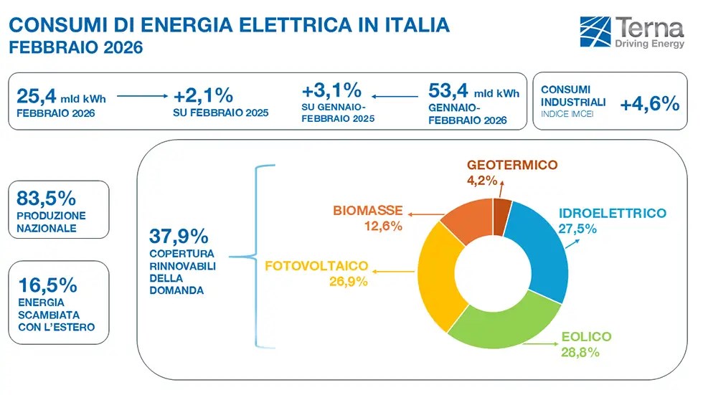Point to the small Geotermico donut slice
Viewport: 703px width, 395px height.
pyautogui.click(x=501, y=208)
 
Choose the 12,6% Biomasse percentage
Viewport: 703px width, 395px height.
pyautogui.click(x=379, y=226)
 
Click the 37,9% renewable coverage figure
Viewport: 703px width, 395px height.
pyautogui.click(x=179, y=236)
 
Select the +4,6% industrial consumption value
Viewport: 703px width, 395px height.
pyautogui.click(x=649, y=104)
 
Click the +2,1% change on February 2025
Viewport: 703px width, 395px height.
pyautogui.click(x=203, y=95)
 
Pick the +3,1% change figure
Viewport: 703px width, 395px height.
pyautogui.click(x=331, y=91)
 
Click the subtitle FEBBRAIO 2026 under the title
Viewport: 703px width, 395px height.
pyautogui.click(x=75, y=48)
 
